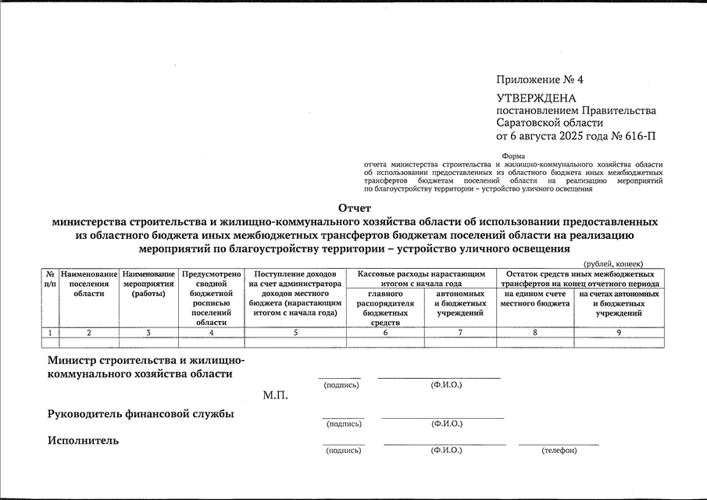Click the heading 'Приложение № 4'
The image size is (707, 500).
pyautogui.click(x=539, y=80)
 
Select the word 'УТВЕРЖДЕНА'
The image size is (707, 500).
pyautogui.click(x=536, y=98)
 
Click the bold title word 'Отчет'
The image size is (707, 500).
pyautogui.click(x=354, y=208)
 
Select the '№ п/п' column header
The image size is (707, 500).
pyautogui.click(x=50, y=279)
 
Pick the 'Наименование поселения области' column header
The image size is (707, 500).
pyautogui.click(x=89, y=284)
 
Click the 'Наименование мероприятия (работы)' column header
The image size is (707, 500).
pyautogui.click(x=148, y=284)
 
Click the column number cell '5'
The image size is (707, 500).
pyautogui.click(x=295, y=333)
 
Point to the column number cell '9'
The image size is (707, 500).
pyautogui.click(x=619, y=333)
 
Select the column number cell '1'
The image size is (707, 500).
pyautogui.click(x=50, y=333)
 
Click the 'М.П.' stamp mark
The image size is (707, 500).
pyautogui.click(x=276, y=395)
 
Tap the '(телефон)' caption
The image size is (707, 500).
pyautogui.click(x=559, y=451)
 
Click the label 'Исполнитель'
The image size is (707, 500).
pyautogui.click(x=84, y=441)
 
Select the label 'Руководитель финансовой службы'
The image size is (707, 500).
pyautogui.click(x=141, y=413)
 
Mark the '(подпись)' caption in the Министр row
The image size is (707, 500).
pyautogui.click(x=341, y=385)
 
